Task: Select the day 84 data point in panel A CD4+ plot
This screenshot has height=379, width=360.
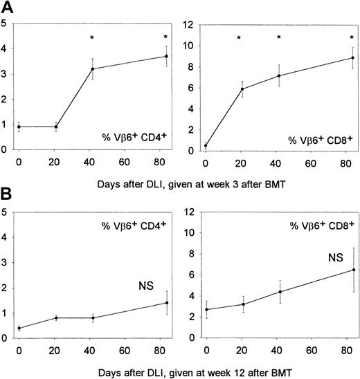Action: [x=165, y=57]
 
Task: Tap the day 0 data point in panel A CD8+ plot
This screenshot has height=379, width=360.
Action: [x=205, y=146]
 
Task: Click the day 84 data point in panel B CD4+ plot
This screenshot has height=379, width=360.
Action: [x=165, y=303]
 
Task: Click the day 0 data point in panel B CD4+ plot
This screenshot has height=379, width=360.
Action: [x=19, y=328]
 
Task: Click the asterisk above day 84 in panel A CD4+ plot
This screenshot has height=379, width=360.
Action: [x=165, y=37]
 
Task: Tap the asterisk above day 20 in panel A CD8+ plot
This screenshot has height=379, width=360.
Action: [x=239, y=37]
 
